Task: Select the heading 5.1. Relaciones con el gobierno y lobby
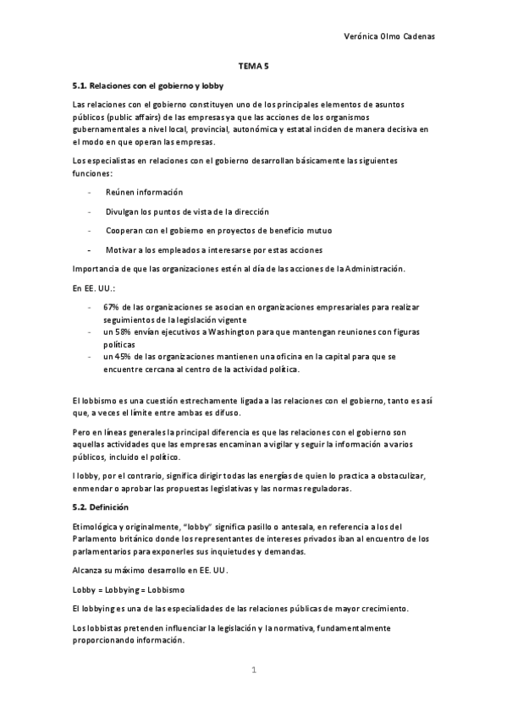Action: coord(151,85)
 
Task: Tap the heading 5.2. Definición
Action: coord(100,506)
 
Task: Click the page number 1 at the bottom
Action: coord(253,670)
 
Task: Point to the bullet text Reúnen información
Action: coord(144,193)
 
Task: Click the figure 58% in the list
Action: coord(125,333)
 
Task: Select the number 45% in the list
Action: coord(125,357)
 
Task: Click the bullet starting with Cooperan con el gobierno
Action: coord(218,230)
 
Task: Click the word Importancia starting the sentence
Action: coord(97,270)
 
